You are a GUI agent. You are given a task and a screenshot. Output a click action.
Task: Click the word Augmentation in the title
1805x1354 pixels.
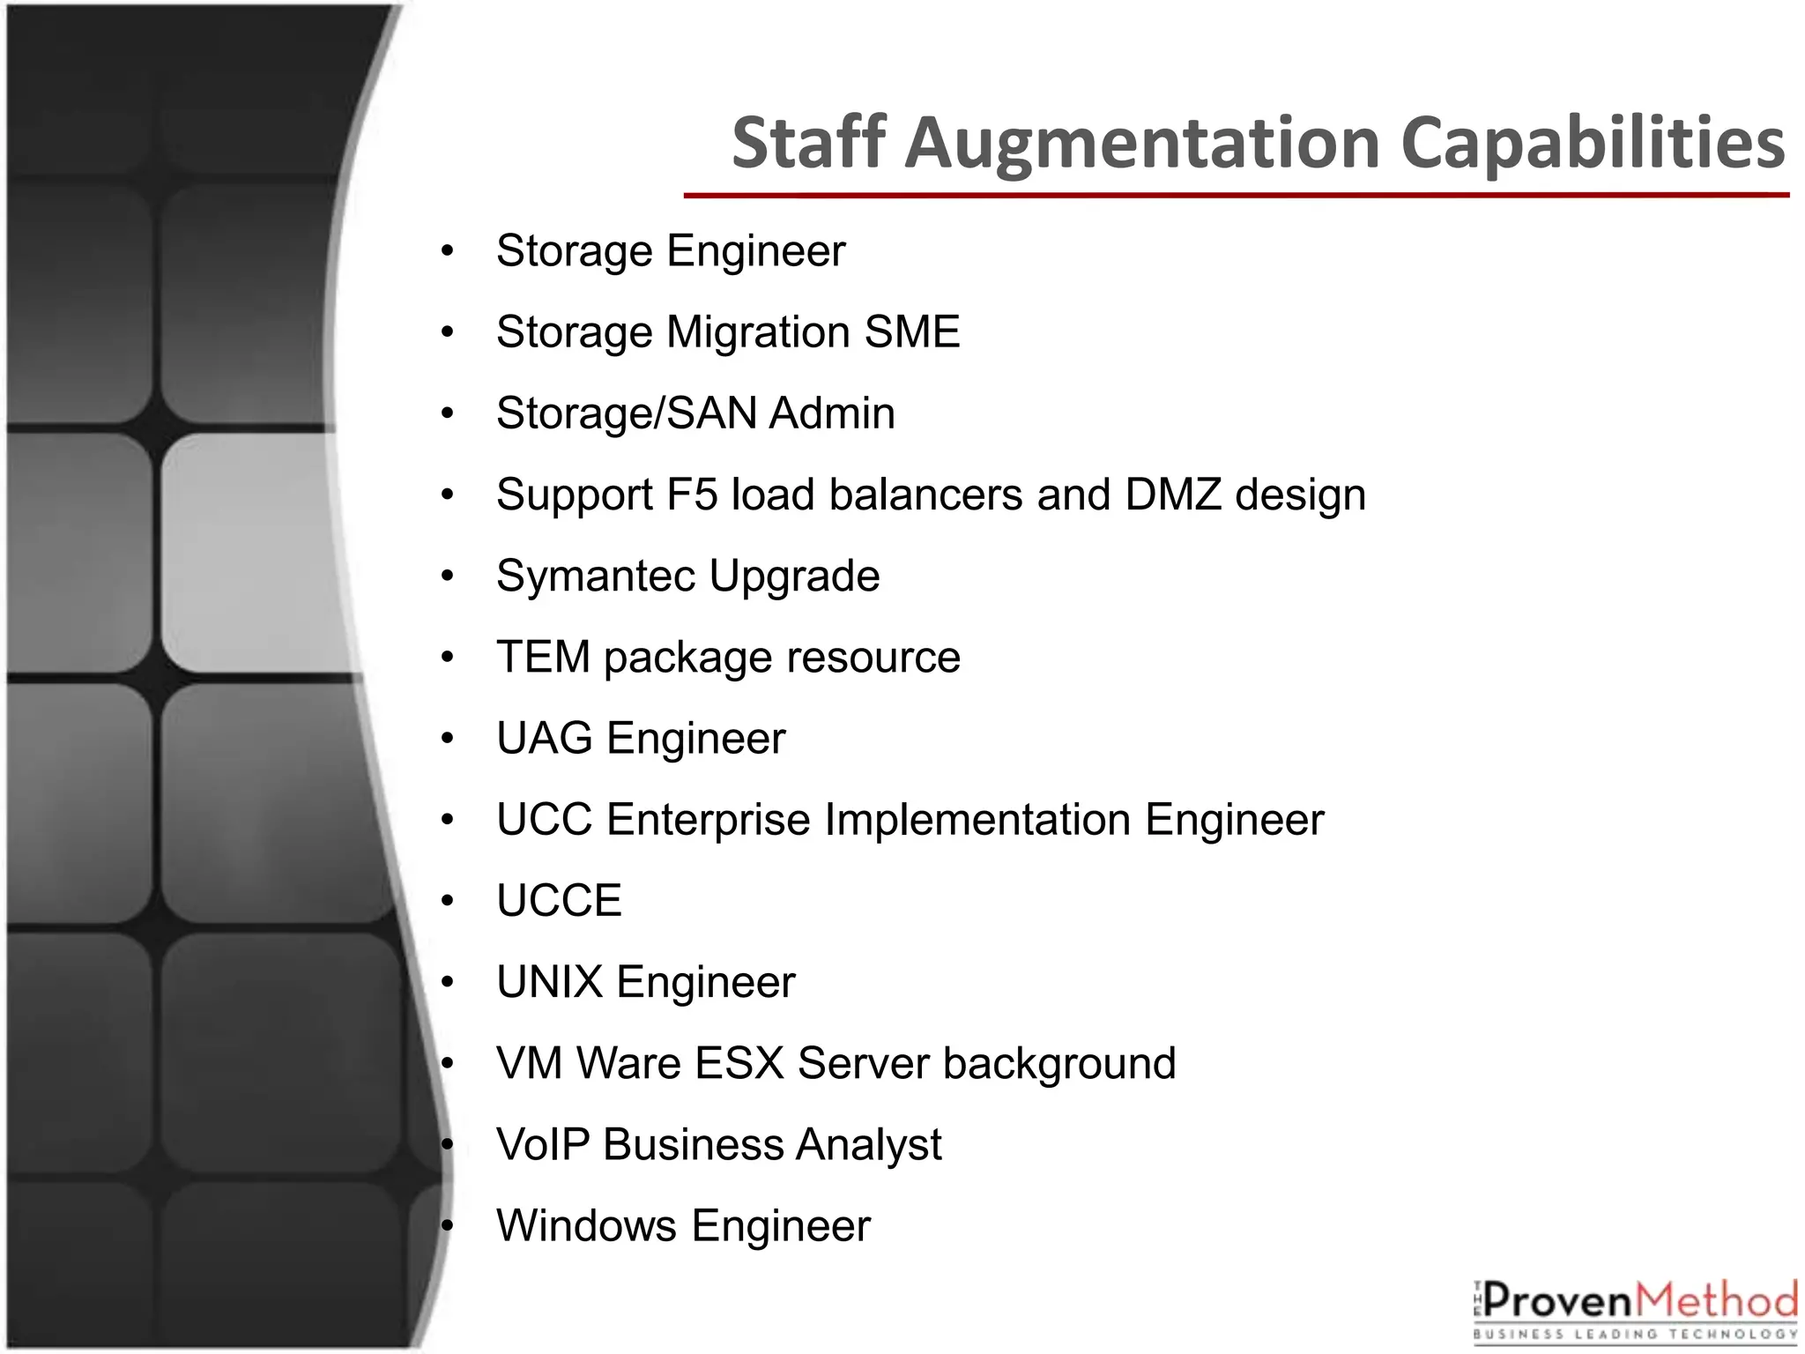click(1143, 143)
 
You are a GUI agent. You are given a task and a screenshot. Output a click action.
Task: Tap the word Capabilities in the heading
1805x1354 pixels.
click(1593, 143)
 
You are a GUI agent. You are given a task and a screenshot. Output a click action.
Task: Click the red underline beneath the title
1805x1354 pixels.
click(1236, 195)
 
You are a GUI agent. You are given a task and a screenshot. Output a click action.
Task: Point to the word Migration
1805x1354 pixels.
click(758, 333)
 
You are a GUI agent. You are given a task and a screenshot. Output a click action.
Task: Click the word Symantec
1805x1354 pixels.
click(596, 577)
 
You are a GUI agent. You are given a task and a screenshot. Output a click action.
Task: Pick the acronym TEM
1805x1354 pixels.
click(543, 658)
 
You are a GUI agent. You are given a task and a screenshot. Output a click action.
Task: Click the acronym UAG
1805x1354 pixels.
click(544, 739)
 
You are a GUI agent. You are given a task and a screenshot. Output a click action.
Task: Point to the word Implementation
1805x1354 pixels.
click(977, 820)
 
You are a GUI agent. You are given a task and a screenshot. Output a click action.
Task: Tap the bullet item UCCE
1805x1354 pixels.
click(559, 901)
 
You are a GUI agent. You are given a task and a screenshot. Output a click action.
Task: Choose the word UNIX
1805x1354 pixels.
click(549, 982)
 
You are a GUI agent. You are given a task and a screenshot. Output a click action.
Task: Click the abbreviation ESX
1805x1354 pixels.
click(739, 1063)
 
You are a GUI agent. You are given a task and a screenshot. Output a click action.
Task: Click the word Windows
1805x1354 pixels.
click(586, 1226)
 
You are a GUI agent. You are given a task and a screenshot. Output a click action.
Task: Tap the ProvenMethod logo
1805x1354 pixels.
click(1635, 1309)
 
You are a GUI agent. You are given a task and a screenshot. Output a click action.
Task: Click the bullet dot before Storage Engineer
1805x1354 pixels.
click(448, 252)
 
